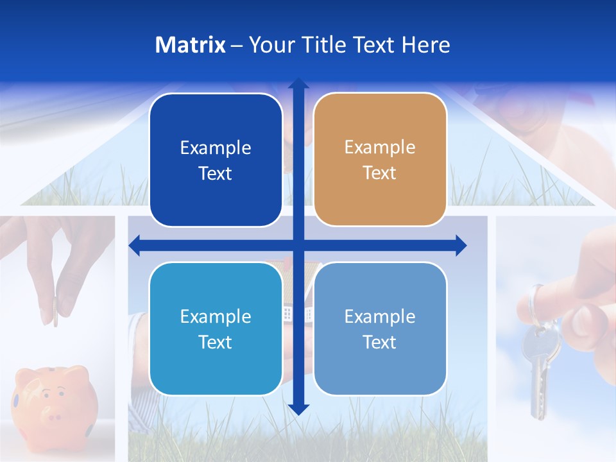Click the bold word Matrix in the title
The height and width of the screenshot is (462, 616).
(x=191, y=45)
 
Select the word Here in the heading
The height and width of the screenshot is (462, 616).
(x=425, y=45)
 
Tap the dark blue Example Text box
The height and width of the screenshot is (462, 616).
(x=216, y=160)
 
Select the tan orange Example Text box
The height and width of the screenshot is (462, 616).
(x=380, y=160)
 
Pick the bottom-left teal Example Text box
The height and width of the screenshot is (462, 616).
(x=216, y=329)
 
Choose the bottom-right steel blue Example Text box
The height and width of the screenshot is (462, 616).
(x=380, y=329)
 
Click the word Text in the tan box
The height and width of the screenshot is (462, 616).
(x=380, y=173)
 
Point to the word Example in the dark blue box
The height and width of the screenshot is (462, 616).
(x=216, y=148)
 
